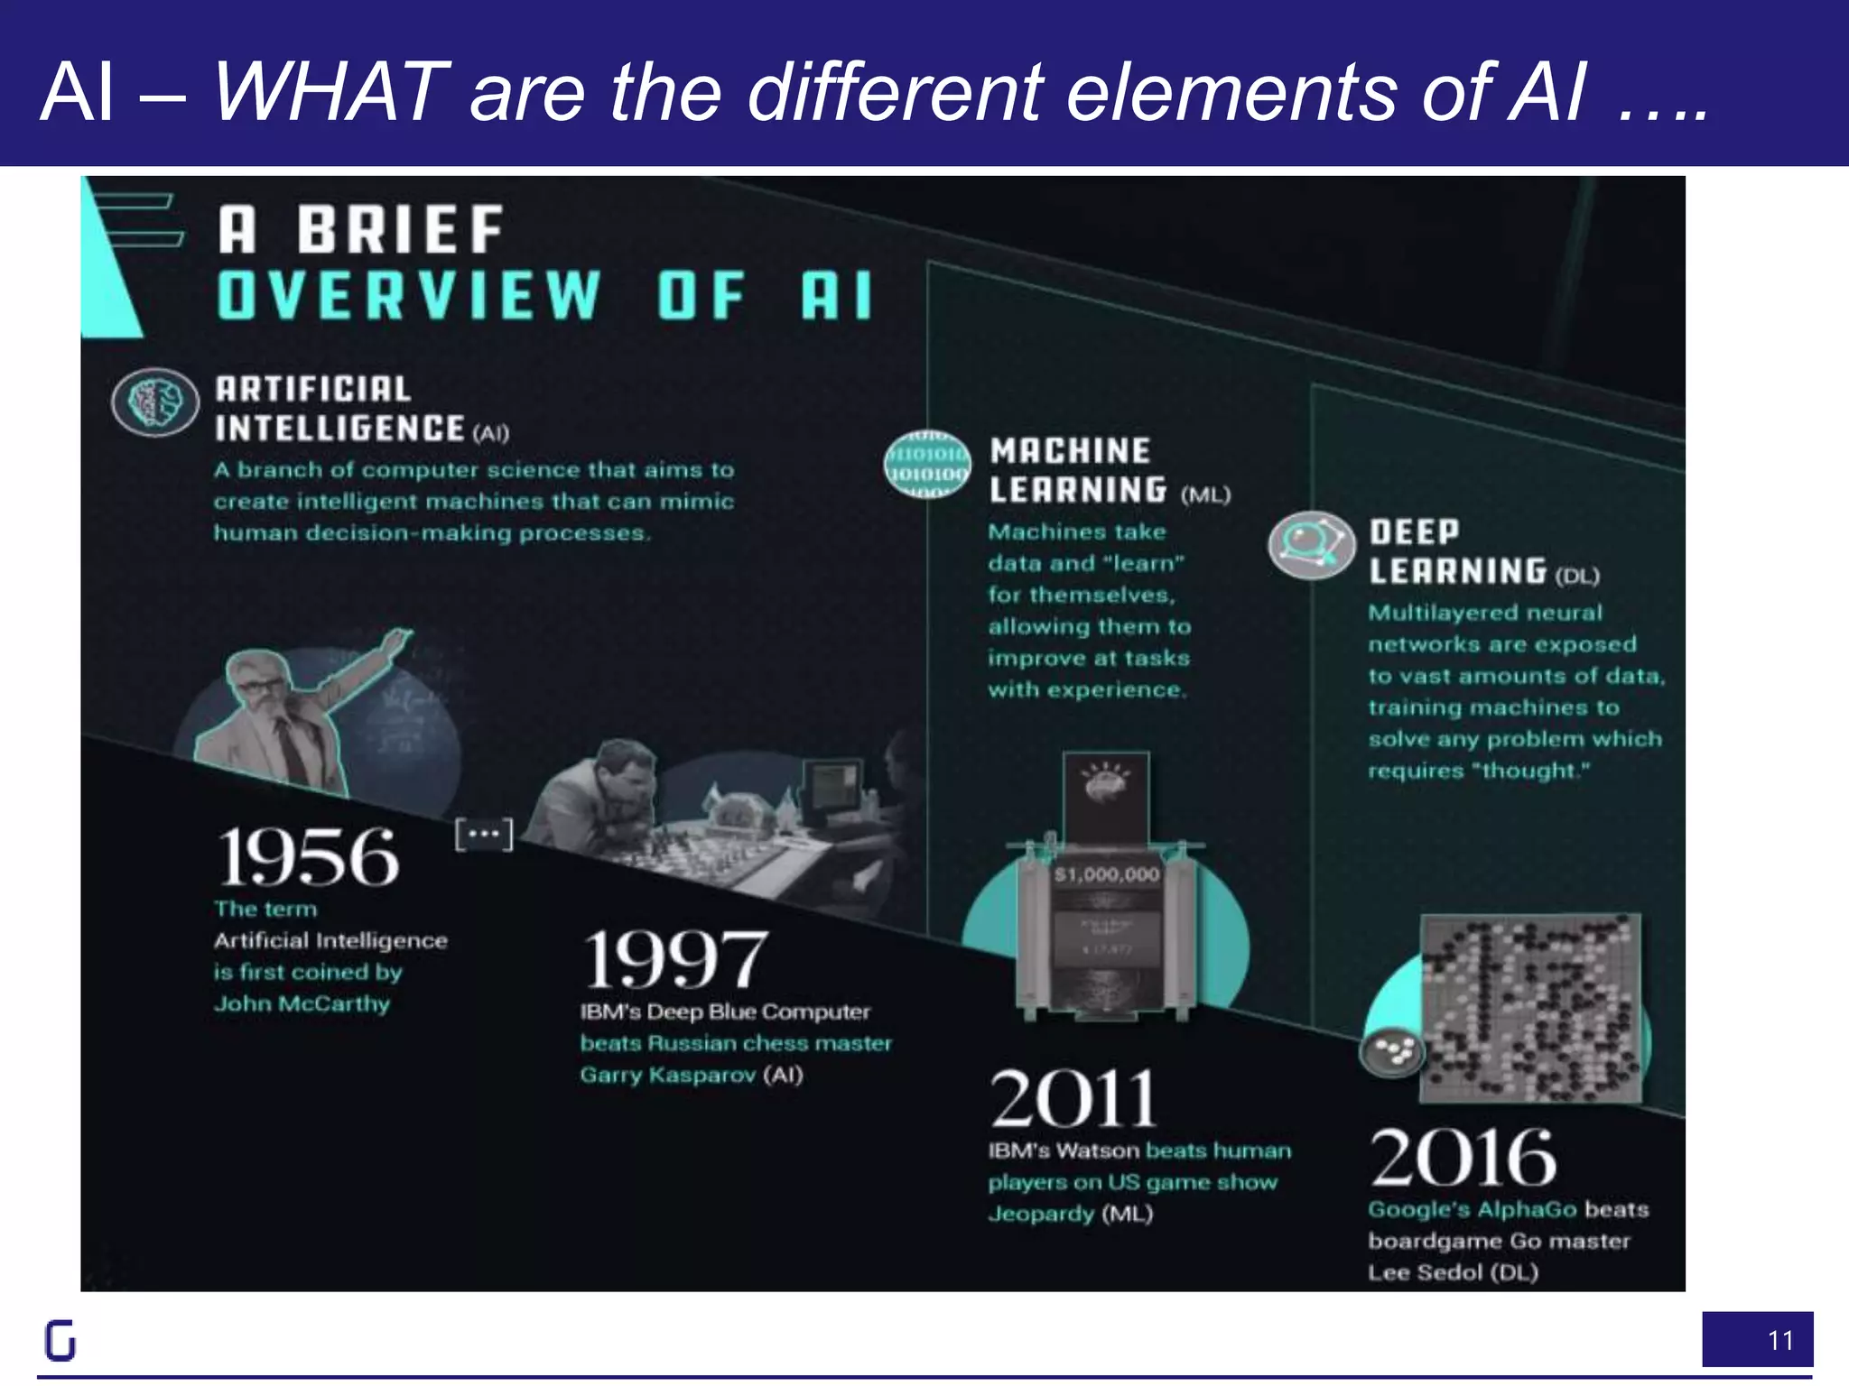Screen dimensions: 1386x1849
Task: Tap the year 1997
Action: coord(675,959)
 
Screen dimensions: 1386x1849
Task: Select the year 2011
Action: coord(1073,1098)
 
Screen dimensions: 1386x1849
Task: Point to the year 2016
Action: coord(1463,1158)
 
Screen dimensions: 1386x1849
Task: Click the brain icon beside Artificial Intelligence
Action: coord(155,402)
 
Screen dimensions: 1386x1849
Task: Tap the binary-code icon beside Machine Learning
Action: coord(927,465)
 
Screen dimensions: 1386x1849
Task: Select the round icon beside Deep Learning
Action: coord(1311,544)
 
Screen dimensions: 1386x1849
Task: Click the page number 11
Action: coord(1780,1341)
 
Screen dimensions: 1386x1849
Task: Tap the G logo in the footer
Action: coord(60,1340)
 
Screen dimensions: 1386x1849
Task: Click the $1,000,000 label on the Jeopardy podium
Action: coord(1107,874)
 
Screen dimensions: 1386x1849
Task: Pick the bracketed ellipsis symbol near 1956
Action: coord(484,834)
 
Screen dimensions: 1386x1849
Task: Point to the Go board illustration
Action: coord(1531,1007)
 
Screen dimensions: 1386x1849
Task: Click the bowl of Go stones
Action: coord(1392,1051)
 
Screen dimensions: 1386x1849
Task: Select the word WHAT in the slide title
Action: coord(330,92)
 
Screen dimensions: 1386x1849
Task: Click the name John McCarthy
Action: coord(302,1003)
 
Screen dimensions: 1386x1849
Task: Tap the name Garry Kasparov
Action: coord(668,1075)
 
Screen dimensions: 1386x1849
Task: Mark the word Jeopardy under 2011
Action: coord(1041,1214)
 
